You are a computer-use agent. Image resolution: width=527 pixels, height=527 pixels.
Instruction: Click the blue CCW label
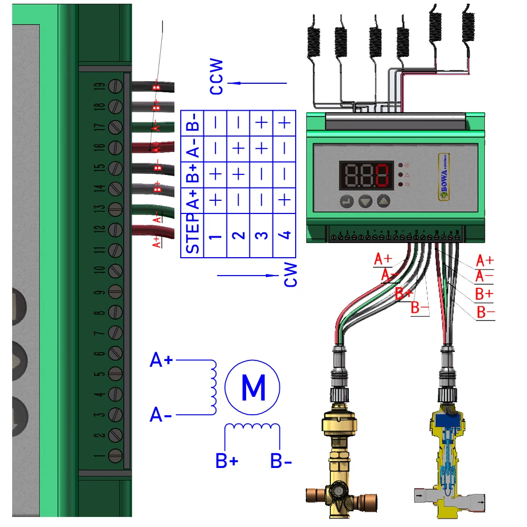217,77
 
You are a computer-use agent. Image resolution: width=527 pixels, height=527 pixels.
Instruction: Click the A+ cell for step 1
216,200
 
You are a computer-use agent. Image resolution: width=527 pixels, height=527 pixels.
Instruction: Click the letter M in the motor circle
252,388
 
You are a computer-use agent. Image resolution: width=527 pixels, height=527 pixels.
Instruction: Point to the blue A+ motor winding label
161,360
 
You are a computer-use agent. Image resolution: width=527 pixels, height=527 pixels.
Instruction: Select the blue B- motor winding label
281,461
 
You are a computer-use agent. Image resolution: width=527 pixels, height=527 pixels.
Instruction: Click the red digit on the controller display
383,175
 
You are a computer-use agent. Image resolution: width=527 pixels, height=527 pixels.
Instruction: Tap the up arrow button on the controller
385,201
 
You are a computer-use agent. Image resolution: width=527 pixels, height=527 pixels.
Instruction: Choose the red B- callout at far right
485,313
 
